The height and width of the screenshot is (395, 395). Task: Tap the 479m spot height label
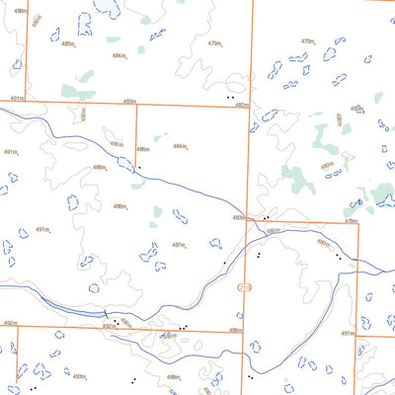[x=214, y=43]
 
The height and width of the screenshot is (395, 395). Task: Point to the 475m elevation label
[x=307, y=41]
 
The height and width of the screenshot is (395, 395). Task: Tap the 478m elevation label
[x=350, y=222]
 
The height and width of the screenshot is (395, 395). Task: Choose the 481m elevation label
[x=347, y=334]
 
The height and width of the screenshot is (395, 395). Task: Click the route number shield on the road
[x=244, y=286]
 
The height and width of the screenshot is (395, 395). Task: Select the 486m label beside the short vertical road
[x=143, y=149]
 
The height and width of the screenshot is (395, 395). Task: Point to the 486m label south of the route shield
[x=235, y=331]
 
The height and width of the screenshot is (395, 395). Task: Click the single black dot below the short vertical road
[x=139, y=168]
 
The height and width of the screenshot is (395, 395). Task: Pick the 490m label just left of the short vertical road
[x=117, y=144]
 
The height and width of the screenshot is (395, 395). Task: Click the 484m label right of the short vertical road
[x=179, y=146]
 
